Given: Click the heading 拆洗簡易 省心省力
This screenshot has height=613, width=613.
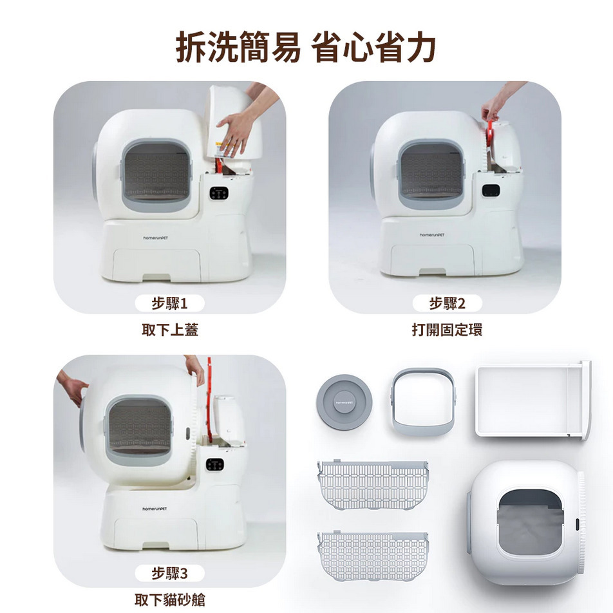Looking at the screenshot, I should (306, 48).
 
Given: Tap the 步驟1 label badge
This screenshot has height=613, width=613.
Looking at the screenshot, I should (169, 303).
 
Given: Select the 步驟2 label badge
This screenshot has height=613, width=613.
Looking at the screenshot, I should (447, 303).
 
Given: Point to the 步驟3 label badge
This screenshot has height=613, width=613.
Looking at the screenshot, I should (169, 573).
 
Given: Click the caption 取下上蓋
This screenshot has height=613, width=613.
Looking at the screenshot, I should (169, 330).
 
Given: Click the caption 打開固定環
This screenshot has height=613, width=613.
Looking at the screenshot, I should (447, 330).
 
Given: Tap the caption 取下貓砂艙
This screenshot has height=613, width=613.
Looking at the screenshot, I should (169, 600).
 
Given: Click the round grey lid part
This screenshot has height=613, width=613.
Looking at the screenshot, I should (344, 402).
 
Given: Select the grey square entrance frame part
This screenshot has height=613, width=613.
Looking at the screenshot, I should (422, 401).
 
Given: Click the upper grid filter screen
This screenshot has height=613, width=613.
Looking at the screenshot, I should (372, 484).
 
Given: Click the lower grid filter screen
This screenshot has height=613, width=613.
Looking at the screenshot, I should (372, 556).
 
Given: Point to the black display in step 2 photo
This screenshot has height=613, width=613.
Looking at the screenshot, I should (491, 191).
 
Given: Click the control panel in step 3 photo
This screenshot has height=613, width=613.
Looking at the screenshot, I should (215, 464).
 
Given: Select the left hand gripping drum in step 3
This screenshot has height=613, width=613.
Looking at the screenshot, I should (72, 390).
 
